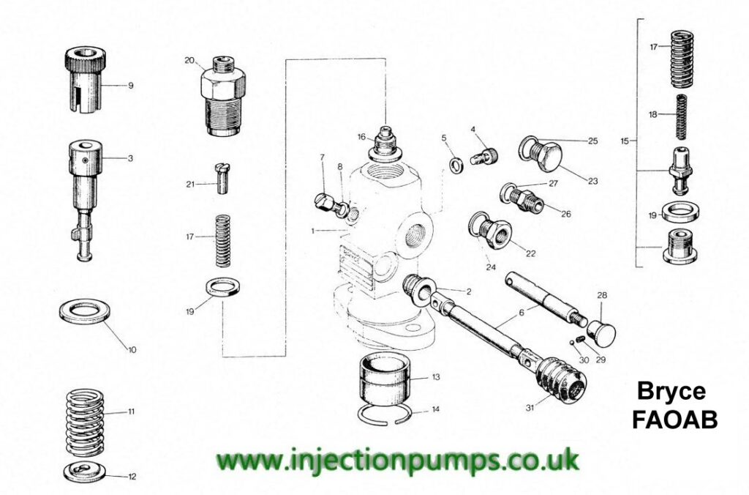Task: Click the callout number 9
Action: [x=130, y=86]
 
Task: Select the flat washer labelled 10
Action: [x=85, y=313]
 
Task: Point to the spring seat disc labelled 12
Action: [x=84, y=472]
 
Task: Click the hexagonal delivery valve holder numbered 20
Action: [x=222, y=96]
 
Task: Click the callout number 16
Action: [x=361, y=137]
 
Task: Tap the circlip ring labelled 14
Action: [x=383, y=413]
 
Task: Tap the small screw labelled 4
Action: [x=484, y=155]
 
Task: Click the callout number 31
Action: [x=530, y=408]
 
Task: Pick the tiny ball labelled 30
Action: [x=572, y=342]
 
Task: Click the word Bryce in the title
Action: [x=671, y=392]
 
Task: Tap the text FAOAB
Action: [x=675, y=420]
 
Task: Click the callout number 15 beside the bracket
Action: [x=625, y=141]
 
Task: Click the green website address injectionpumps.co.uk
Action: [x=396, y=460]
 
